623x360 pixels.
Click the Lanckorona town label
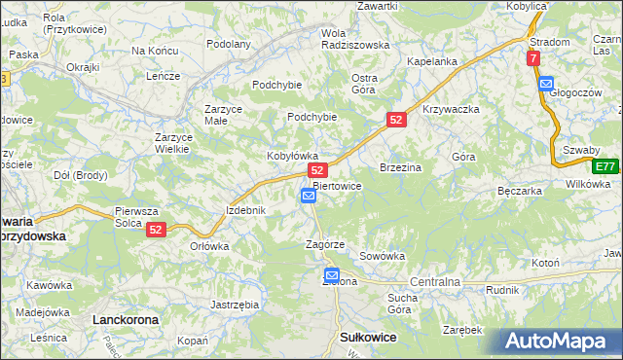point(125,318)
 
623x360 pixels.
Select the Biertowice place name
point(338,186)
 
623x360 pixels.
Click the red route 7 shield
point(533,59)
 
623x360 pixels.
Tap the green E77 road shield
point(605,166)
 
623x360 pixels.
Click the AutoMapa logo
point(561,341)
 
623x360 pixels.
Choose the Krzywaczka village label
point(451,109)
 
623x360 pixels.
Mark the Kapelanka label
point(432,61)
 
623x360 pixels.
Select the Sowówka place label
point(382,256)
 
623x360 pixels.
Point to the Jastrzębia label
point(235,305)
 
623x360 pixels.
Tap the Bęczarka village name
point(518,191)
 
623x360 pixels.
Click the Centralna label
point(435,281)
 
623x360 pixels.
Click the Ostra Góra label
point(363,84)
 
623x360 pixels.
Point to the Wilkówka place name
point(587,183)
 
